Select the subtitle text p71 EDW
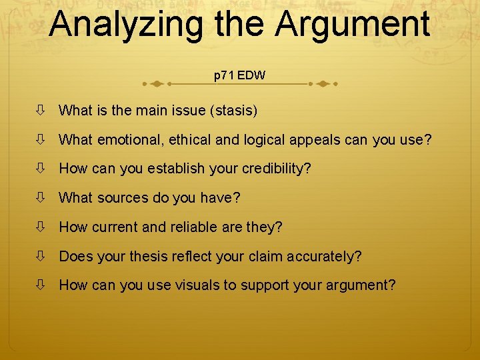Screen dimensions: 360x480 coord(239,75)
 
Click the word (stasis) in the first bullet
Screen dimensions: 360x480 coord(233,111)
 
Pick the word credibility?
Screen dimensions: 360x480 coord(274,169)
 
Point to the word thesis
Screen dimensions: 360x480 coord(154,257)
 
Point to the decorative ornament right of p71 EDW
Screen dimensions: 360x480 coord(323,84)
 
